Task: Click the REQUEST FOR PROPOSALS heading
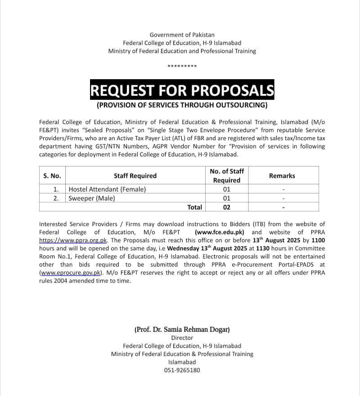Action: click(182, 90)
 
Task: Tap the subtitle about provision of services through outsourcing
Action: click(182, 106)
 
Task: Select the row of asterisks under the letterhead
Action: click(182, 67)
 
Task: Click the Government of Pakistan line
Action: click(182, 35)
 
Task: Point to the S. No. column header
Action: click(52, 176)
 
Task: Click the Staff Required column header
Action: click(135, 176)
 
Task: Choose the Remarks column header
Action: click(282, 176)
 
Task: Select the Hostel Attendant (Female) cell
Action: click(107, 189)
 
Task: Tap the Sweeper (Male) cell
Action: click(92, 198)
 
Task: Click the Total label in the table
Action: click(194, 207)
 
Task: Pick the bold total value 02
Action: click(226, 207)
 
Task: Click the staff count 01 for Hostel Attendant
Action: click(226, 189)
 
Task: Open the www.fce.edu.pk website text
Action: click(220, 232)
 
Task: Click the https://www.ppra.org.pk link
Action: click(73, 240)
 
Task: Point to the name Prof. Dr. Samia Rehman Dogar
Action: click(182, 329)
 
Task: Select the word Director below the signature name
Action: click(182, 338)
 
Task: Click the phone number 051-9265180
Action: click(182, 370)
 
